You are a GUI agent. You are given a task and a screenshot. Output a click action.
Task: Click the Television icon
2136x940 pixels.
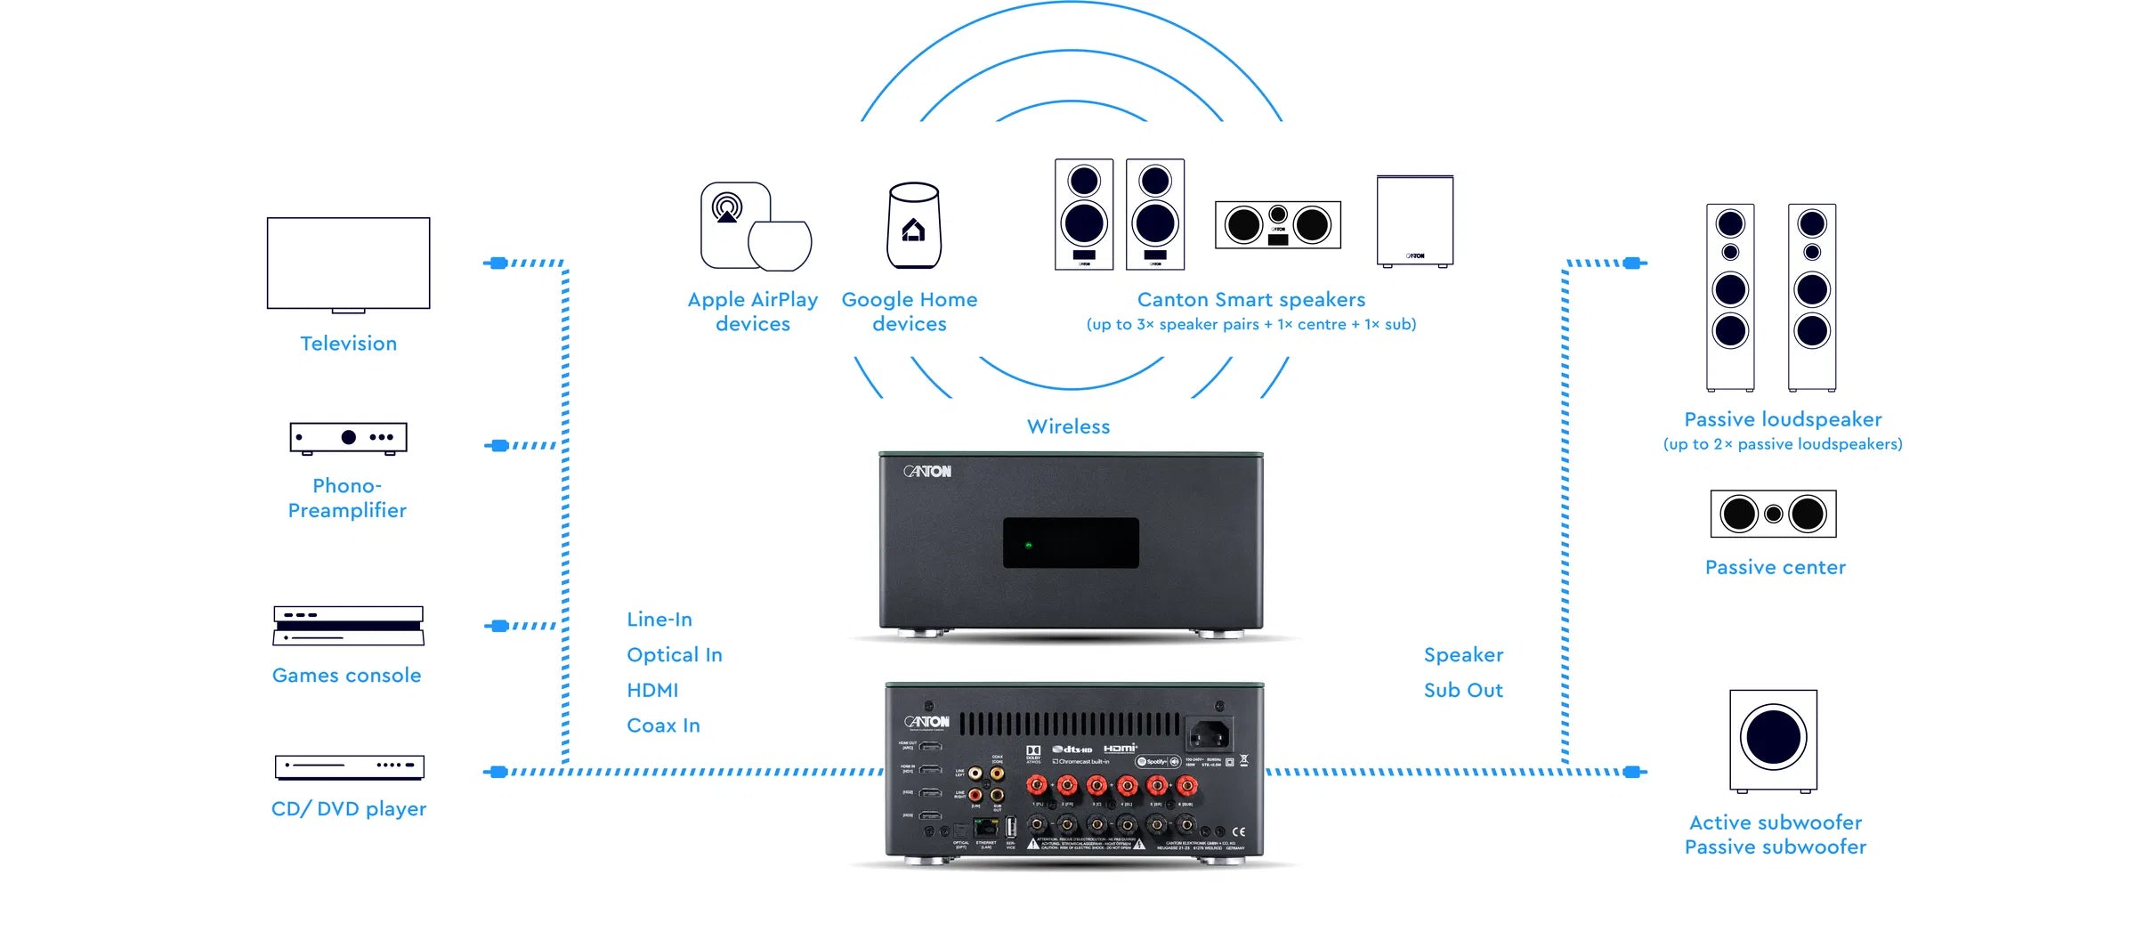(348, 264)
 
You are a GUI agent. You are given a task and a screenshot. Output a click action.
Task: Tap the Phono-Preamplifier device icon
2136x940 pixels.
(348, 437)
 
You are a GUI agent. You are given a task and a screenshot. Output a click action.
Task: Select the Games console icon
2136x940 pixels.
(348, 626)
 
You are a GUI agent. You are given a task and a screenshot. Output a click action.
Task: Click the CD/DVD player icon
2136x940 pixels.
(349, 766)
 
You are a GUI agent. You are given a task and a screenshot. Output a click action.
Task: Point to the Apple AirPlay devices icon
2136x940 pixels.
(756, 226)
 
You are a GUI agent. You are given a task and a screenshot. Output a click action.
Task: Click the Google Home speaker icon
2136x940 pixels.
(913, 225)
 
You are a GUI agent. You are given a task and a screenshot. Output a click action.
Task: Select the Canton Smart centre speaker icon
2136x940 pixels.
(1277, 224)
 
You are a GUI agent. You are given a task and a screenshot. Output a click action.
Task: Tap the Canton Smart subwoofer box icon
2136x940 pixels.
(1414, 221)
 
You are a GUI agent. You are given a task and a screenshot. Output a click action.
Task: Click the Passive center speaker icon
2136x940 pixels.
(1773, 514)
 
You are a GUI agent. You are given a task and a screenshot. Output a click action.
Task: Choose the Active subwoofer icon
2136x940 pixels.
(1773, 740)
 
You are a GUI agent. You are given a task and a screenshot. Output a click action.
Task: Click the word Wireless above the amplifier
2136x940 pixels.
(1068, 427)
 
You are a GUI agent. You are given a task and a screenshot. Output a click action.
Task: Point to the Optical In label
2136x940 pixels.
(674, 655)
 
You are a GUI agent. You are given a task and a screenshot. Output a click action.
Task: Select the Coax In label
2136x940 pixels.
(663, 725)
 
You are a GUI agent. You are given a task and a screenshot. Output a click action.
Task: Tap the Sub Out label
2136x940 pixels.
(1462, 691)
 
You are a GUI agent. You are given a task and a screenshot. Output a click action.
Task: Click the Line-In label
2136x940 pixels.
(659, 620)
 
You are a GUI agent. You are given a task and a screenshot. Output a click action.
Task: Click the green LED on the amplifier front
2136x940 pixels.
(1029, 545)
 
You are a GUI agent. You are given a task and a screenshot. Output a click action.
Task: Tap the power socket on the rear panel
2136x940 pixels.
(1209, 735)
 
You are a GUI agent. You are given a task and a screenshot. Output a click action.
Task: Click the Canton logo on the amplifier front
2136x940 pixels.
(927, 471)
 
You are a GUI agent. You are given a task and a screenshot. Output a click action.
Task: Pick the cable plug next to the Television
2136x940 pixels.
(498, 263)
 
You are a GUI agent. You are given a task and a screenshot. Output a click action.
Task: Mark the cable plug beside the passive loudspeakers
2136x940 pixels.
(1631, 263)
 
